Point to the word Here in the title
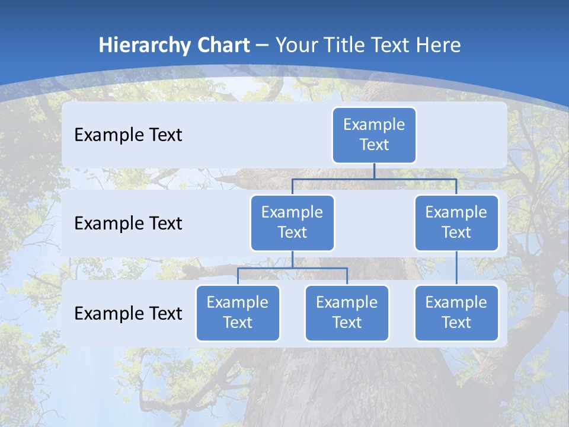(x=439, y=46)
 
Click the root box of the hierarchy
(x=374, y=135)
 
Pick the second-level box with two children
(x=292, y=223)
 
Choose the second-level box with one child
(x=456, y=223)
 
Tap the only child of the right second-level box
(x=456, y=313)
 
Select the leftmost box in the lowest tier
(x=238, y=313)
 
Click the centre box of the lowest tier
(x=347, y=313)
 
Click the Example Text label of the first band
(x=128, y=135)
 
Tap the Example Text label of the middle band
(x=128, y=224)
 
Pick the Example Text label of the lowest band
(x=128, y=313)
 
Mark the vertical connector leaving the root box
(x=374, y=171)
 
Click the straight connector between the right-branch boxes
(x=456, y=268)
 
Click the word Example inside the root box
(x=374, y=125)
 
